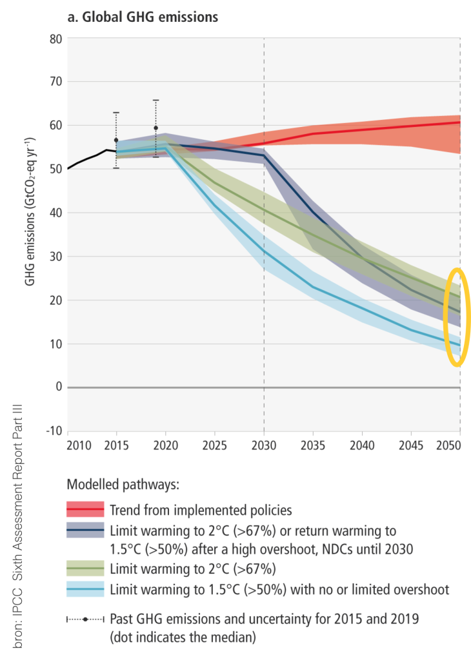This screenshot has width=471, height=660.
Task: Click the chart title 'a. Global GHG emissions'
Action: coord(143,17)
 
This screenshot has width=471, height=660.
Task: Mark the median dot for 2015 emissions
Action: coord(116,140)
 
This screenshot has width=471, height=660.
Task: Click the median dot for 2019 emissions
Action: coord(155,128)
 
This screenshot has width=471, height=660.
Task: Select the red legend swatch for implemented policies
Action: coord(85,510)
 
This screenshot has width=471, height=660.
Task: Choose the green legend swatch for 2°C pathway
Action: coord(85,569)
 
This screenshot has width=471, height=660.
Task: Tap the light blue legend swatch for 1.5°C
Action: coord(85,589)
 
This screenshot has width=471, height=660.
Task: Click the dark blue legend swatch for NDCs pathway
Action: coord(85,530)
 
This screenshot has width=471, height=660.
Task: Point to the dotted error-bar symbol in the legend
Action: coord(85,619)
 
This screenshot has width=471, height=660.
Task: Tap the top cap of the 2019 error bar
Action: coord(155,100)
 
